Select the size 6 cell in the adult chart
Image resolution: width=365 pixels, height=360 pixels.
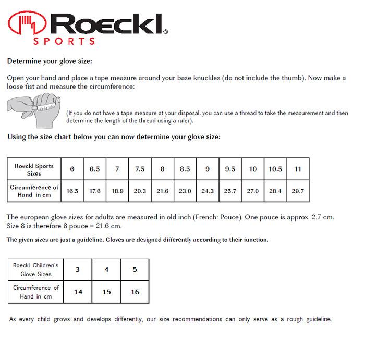pyautogui.click(x=72, y=169)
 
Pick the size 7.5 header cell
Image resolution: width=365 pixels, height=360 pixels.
pyautogui.click(x=140, y=169)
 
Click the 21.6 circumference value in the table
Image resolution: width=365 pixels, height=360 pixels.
pyautogui.click(x=162, y=191)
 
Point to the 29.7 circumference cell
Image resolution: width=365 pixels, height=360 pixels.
pyautogui.click(x=298, y=191)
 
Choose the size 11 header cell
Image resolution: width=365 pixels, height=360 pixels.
pyautogui.click(x=298, y=169)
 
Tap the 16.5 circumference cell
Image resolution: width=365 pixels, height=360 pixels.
pyautogui.click(x=72, y=191)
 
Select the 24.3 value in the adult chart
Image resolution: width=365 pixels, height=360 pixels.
pyautogui.click(x=208, y=191)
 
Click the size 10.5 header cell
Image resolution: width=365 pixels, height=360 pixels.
pyautogui.click(x=275, y=169)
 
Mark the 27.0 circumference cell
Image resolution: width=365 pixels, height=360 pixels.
pyautogui.click(x=253, y=191)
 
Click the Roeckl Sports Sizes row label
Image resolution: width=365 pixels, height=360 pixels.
pyautogui.click(x=34, y=169)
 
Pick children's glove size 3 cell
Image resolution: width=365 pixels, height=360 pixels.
pyautogui.click(x=78, y=270)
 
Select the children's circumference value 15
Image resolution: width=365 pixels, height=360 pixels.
pyautogui.click(x=106, y=292)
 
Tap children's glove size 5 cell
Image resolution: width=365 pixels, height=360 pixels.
pyautogui.click(x=135, y=270)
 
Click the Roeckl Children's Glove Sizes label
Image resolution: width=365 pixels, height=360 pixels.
pyautogui.click(x=36, y=270)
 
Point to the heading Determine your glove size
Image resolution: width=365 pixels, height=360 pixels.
pyautogui.click(x=50, y=61)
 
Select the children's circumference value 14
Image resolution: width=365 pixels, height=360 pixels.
pyautogui.click(x=78, y=292)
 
